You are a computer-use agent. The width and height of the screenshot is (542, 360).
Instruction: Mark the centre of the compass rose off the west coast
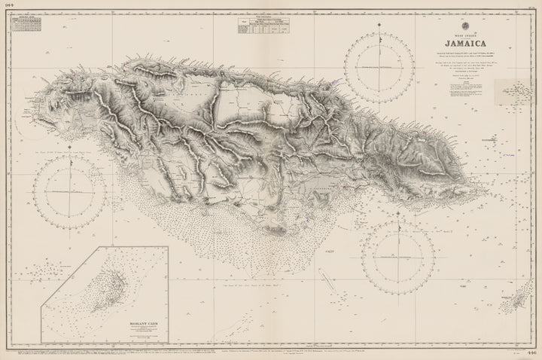coord(73,192)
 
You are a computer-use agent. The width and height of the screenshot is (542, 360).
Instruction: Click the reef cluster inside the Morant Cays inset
coord(113,275)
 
